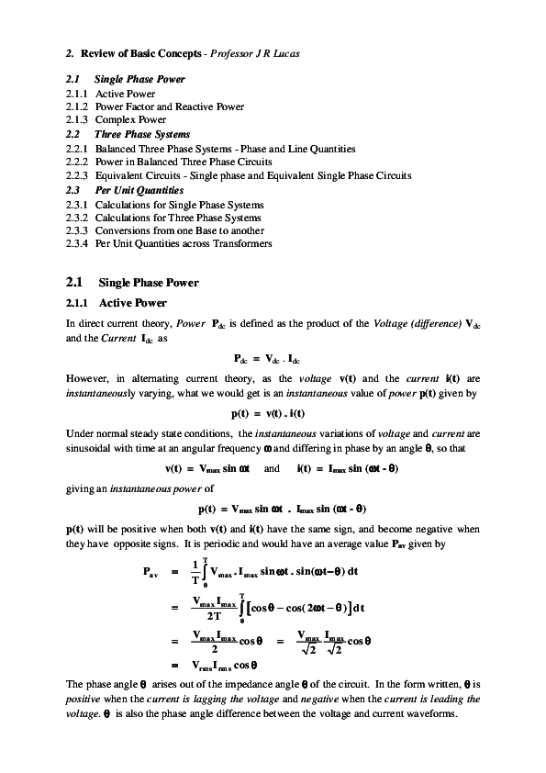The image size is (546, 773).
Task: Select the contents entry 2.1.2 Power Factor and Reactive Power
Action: [170, 106]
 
